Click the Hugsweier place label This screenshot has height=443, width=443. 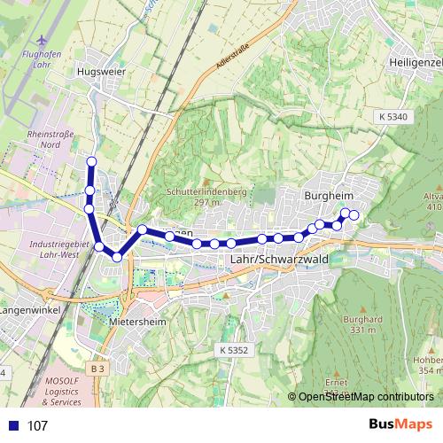pos(102,73)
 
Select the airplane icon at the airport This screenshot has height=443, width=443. pos(41,41)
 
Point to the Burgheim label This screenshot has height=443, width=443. pos(329,196)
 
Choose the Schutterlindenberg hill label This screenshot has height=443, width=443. pos(206,196)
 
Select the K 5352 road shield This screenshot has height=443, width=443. pos(233,351)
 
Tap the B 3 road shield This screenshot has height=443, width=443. pos(97,368)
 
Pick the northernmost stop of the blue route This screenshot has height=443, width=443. pos(91,161)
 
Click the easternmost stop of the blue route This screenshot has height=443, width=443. pos(354,215)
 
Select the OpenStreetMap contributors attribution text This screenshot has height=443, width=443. pos(366,397)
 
